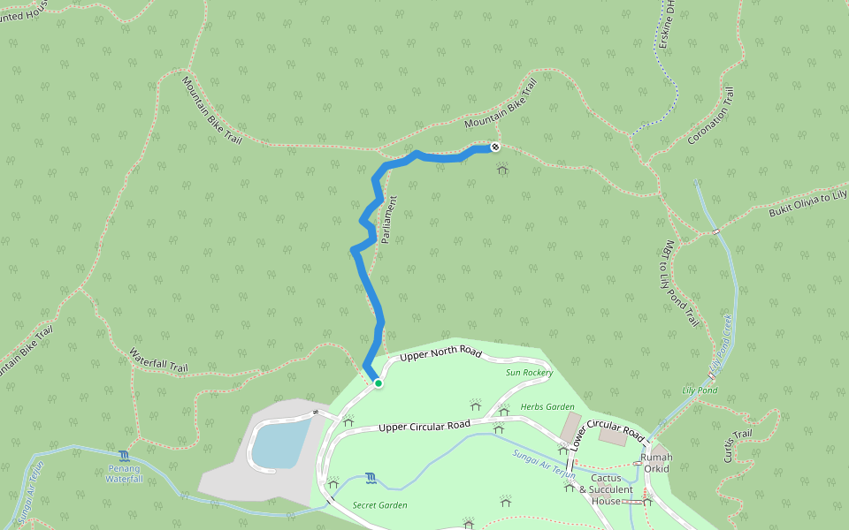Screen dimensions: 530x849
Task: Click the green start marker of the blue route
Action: click(378, 383)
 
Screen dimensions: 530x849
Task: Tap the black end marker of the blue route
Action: click(495, 147)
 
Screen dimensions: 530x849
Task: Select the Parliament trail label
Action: click(388, 221)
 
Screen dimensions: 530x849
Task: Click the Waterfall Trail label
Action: click(159, 360)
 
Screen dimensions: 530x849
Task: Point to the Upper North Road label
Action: click(440, 354)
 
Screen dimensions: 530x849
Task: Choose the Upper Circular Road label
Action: click(424, 427)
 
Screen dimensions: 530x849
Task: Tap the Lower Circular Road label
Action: click(608, 430)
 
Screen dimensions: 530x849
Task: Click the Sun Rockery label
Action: click(529, 373)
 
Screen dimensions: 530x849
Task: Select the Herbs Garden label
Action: click(547, 406)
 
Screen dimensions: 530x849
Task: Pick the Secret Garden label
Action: click(379, 505)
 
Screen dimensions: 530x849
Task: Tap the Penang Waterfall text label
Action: click(124, 474)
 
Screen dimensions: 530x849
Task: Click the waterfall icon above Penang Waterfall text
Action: click(124, 456)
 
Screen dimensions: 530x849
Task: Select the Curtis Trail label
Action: click(737, 445)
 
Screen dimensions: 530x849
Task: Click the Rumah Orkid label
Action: click(656, 462)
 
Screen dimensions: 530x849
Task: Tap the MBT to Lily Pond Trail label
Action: click(680, 284)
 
